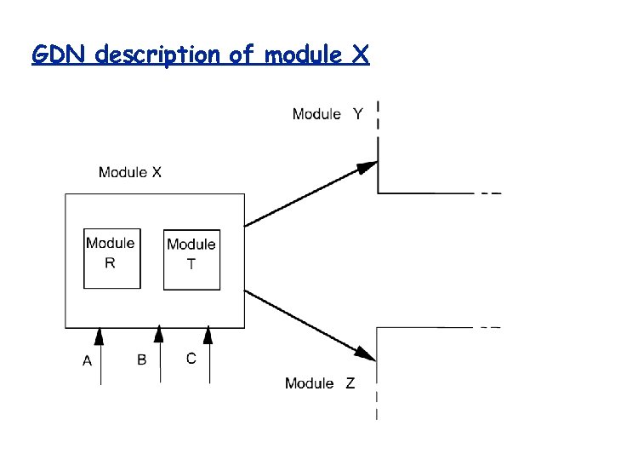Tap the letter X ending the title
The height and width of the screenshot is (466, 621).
(359, 55)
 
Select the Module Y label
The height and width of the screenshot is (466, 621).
(327, 114)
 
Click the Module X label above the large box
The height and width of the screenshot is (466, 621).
(130, 172)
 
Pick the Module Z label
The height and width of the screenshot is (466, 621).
(320, 383)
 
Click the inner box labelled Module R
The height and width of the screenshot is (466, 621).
(111, 259)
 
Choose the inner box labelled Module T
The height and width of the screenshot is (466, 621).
(191, 260)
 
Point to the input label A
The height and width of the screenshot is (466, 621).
(87, 361)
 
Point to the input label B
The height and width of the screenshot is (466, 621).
(142, 360)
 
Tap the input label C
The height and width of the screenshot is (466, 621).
(191, 358)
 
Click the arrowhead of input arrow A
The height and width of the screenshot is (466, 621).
(100, 337)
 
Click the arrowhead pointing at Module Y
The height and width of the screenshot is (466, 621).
(367, 167)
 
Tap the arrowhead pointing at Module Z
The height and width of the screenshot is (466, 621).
(367, 353)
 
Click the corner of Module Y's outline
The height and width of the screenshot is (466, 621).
(378, 193)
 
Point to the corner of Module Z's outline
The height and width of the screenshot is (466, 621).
(377, 327)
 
